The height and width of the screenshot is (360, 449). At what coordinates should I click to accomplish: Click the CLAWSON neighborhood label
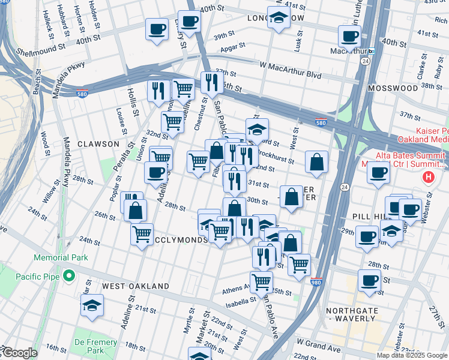pyautogui.click(x=98, y=144)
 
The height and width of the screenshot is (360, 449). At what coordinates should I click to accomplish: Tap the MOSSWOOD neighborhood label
pyautogui.click(x=393, y=88)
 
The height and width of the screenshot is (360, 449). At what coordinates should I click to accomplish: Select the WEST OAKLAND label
pyautogui.click(x=135, y=286)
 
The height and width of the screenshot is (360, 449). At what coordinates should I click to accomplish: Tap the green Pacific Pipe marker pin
pyautogui.click(x=69, y=276)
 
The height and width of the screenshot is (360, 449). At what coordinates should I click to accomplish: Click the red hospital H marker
pyautogui.click(x=428, y=177)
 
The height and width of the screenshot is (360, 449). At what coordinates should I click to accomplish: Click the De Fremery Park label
pyautogui.click(x=95, y=346)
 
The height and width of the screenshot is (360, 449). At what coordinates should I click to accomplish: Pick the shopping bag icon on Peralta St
pyautogui.click(x=137, y=211)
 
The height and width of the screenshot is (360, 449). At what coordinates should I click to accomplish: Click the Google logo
pyautogui.click(x=19, y=353)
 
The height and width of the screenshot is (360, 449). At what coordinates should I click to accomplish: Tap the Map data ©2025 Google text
pyautogui.click(x=411, y=355)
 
